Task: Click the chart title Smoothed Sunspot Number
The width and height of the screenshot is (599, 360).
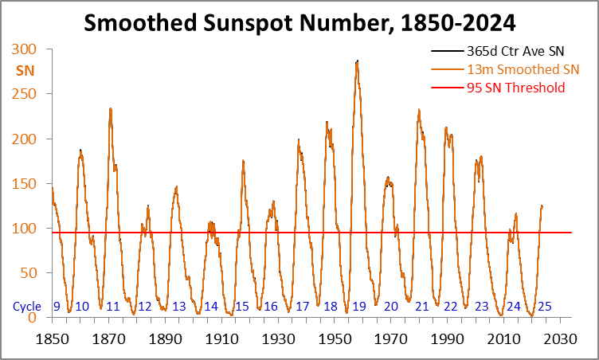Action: tap(299, 24)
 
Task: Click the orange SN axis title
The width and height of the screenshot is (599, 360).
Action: tap(25, 70)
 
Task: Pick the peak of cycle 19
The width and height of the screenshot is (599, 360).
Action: tap(357, 61)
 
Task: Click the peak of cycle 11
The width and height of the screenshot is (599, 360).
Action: tap(110, 108)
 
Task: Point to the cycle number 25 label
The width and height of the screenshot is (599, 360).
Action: tap(545, 306)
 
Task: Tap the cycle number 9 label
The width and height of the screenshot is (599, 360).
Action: tap(57, 306)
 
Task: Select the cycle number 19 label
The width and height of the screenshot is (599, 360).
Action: tap(359, 306)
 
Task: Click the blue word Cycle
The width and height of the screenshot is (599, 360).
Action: tap(27, 306)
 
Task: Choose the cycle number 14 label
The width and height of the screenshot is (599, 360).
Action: tap(211, 306)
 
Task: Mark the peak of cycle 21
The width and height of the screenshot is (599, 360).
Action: tap(419, 110)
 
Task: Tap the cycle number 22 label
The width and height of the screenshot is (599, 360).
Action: tap(451, 306)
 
